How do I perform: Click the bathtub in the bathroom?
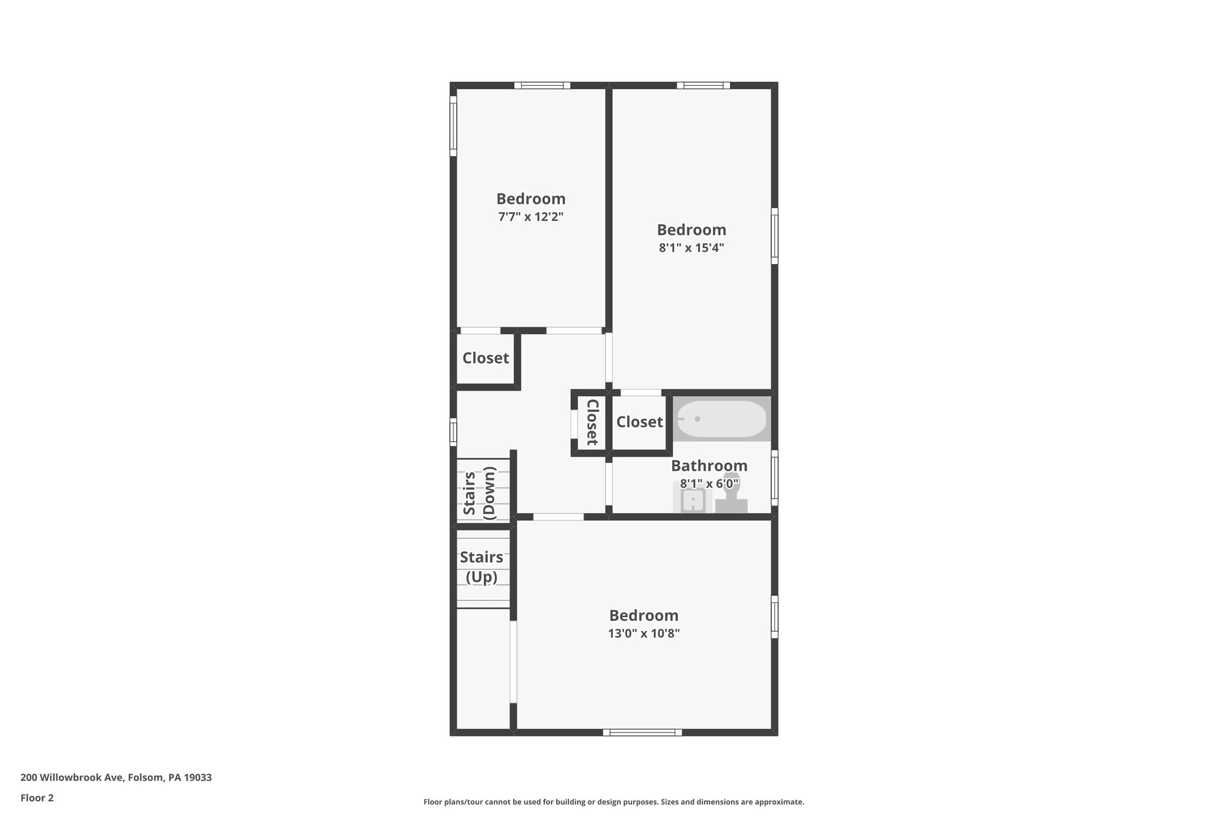pos(722,419)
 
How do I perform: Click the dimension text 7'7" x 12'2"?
pos(531,217)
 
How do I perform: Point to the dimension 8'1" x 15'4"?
pos(691,248)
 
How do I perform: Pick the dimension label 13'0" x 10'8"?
pos(643,633)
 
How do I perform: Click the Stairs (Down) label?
pos(480,493)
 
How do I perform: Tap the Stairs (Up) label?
pos(481,567)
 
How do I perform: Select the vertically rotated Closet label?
pos(592,422)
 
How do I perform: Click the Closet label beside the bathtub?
pos(640,422)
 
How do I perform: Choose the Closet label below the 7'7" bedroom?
pos(486,358)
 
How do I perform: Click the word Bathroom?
pos(709,466)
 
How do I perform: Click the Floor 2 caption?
pos(37,798)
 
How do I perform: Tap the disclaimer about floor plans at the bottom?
pos(613,802)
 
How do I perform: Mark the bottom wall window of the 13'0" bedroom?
pos(642,732)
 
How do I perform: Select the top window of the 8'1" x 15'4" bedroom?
pos(703,85)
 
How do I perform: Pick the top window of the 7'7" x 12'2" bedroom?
pos(542,85)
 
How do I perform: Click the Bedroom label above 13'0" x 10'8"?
pos(643,615)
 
